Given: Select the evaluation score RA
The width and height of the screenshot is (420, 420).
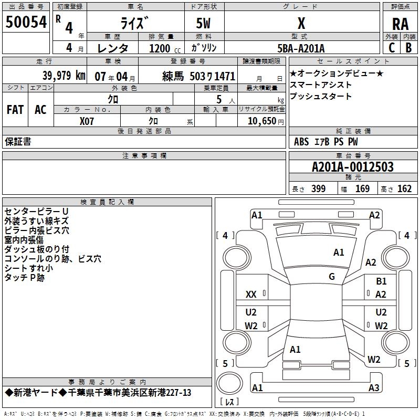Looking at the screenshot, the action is point(400,24).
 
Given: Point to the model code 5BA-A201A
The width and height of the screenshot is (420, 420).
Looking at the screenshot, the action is point(301,48).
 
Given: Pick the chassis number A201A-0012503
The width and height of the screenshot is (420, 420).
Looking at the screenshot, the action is point(352,167).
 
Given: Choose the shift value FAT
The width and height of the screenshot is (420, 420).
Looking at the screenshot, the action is point(15,110).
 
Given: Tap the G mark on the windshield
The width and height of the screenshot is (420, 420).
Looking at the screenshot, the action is point(332,277).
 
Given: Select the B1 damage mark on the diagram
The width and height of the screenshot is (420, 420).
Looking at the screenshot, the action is point(381,282).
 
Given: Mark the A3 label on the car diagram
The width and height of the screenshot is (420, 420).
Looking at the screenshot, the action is point(373,388).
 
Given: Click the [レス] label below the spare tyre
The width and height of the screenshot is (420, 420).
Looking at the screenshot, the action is point(229,402).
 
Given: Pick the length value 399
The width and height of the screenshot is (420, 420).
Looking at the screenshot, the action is point(318,189).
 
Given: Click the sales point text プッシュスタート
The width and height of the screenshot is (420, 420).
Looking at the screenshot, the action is point(321,97).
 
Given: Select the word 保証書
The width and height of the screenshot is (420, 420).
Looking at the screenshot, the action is point(18,141).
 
